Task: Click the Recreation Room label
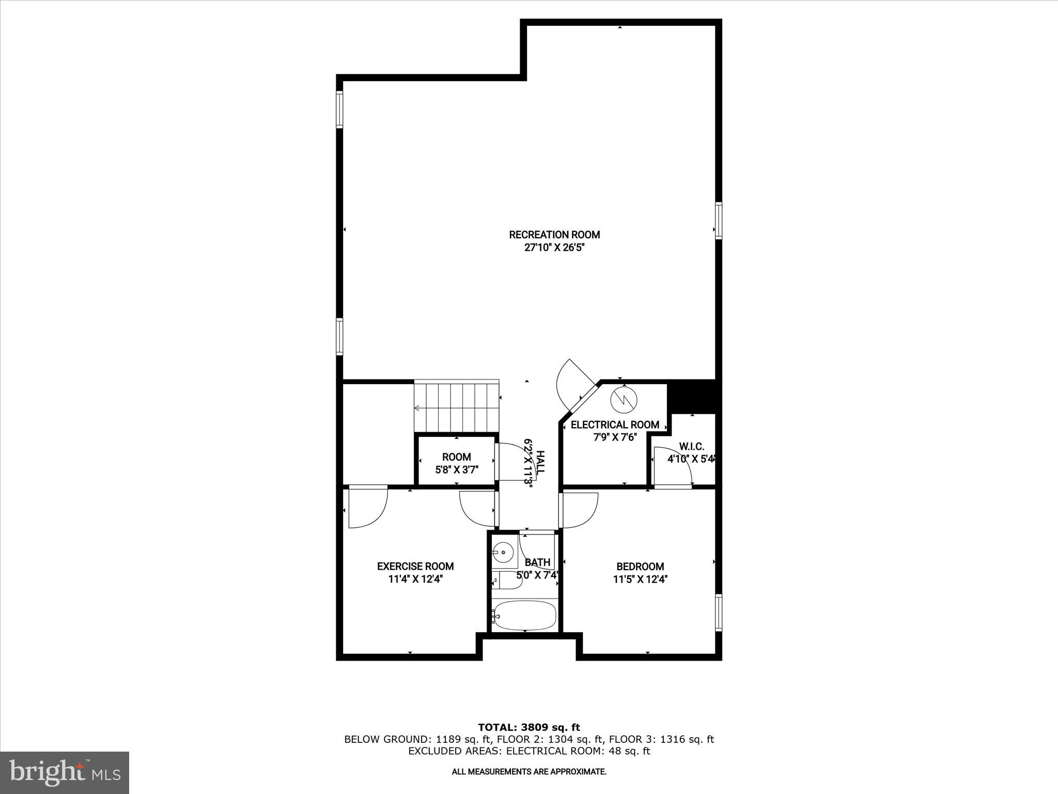(x=554, y=235)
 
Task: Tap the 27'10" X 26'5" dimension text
(x=554, y=248)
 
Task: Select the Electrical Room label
(x=615, y=425)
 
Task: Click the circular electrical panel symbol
(x=624, y=400)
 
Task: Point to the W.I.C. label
(x=691, y=447)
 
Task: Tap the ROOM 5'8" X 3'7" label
(x=456, y=463)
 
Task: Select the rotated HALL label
(x=540, y=463)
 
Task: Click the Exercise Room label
(x=415, y=567)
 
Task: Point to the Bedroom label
(x=640, y=567)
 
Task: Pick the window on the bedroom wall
(x=719, y=613)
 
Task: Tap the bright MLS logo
(x=65, y=773)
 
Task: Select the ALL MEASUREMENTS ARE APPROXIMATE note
(x=529, y=772)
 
